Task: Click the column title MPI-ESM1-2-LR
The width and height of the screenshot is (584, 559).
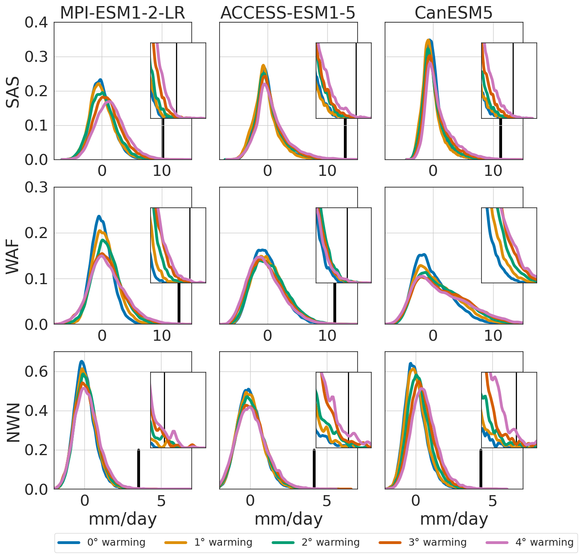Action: pos(122,13)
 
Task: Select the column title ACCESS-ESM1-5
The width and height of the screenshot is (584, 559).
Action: pos(288,13)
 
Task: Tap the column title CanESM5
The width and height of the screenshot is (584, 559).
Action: pos(454,13)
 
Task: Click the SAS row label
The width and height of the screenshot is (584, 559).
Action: pos(13,96)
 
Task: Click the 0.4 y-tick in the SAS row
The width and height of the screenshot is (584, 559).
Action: pos(36,23)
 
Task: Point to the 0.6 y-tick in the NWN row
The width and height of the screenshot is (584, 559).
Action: pos(36,372)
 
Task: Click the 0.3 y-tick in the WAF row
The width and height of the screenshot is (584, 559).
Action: pos(36,188)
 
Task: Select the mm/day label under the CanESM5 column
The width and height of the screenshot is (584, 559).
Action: pos(454,519)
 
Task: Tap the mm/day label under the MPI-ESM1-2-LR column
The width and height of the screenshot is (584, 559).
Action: pos(122,519)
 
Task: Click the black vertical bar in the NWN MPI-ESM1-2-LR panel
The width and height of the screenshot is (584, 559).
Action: pos(138,469)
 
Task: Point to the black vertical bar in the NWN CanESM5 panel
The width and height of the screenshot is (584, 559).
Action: pos(481,469)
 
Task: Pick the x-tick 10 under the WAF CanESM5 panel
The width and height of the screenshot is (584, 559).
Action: pos(493,335)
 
